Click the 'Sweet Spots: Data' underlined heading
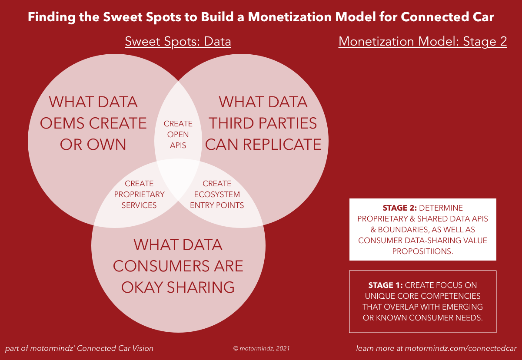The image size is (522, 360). [x=178, y=41]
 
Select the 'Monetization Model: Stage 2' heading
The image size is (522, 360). [x=422, y=41]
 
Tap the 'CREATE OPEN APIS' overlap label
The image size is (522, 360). [x=178, y=135]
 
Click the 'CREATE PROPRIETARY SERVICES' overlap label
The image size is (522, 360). [x=139, y=195]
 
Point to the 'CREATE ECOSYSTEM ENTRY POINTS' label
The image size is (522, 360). [x=217, y=195]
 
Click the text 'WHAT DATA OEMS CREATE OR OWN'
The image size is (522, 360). [x=93, y=123]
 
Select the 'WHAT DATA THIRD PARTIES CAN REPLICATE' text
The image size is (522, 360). [x=263, y=123]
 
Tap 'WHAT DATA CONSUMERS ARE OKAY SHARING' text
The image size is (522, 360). [x=178, y=266]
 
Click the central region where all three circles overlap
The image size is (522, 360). [x=178, y=176]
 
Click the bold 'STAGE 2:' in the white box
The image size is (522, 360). [x=400, y=208]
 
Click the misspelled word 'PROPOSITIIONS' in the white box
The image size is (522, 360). [x=422, y=251]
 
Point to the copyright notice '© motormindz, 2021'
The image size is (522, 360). [x=261, y=348]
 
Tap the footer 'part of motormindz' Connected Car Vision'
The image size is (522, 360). [x=79, y=348]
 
